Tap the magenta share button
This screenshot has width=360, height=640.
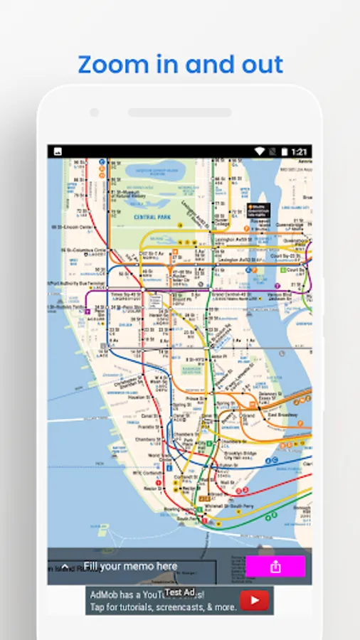[x=275, y=567]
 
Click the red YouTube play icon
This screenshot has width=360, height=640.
[x=254, y=601]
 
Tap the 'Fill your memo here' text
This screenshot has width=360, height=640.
[x=130, y=567]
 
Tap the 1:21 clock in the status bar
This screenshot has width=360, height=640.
[x=300, y=151]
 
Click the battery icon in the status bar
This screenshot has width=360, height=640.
[x=284, y=151]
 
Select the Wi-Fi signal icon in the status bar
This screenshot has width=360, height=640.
[x=260, y=151]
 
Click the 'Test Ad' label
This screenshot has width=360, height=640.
[x=179, y=592]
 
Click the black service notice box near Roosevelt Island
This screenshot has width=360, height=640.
[x=258, y=210]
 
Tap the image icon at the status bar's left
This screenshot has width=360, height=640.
[x=58, y=151]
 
